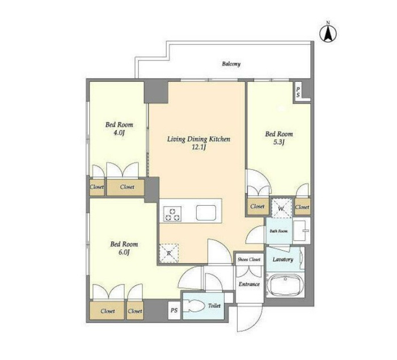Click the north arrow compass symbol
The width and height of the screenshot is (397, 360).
tap(328, 33)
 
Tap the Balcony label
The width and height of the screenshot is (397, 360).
tap(231, 64)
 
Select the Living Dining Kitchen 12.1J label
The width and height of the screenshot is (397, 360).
tap(198, 143)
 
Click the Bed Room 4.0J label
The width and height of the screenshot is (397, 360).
tap(119, 128)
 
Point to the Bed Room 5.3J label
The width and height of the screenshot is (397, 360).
tap(279, 138)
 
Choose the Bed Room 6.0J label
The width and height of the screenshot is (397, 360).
tap(124, 248)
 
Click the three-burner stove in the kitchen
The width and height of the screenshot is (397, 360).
tap(172, 214)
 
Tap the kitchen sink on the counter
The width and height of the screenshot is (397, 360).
tap(206, 213)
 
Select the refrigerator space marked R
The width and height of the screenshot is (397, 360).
tap(169, 253)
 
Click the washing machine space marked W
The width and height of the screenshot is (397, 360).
tap(281, 209)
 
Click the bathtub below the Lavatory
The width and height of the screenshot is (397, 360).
tap(285, 285)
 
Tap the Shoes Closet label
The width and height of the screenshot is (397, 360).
tap(249, 260)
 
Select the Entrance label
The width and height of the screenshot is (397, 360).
tap(249, 284)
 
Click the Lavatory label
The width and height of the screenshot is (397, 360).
tap(283, 260)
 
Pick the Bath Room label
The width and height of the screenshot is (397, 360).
tap(278, 231)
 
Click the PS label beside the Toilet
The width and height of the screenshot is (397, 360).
tap(174, 310)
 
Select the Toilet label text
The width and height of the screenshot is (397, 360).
tap(214, 306)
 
